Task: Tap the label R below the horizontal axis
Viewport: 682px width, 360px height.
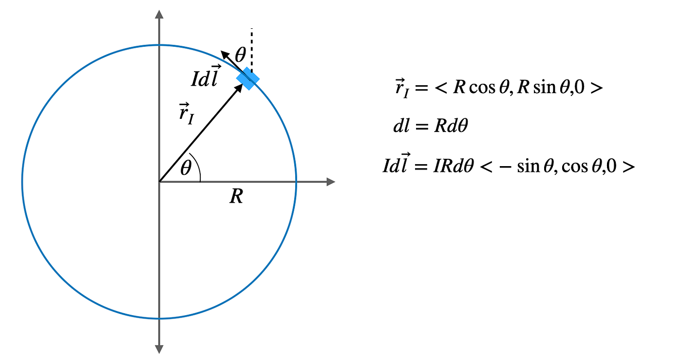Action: pyautogui.click(x=236, y=197)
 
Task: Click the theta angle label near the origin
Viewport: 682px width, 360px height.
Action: pyautogui.click(x=186, y=169)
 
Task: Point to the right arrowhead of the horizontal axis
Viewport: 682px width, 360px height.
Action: pyautogui.click(x=331, y=182)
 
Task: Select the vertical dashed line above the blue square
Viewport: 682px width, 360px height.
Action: pyautogui.click(x=251, y=49)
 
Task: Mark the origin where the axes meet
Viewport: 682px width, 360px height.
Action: pyautogui.click(x=159, y=182)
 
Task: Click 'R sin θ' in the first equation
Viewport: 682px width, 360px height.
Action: pyautogui.click(x=540, y=89)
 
